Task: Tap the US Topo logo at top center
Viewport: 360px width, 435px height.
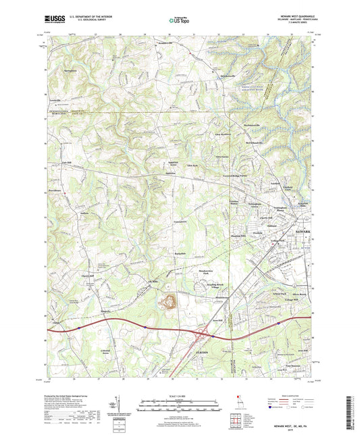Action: click(x=178, y=21)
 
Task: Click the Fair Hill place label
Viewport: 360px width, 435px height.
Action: click(x=66, y=163)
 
